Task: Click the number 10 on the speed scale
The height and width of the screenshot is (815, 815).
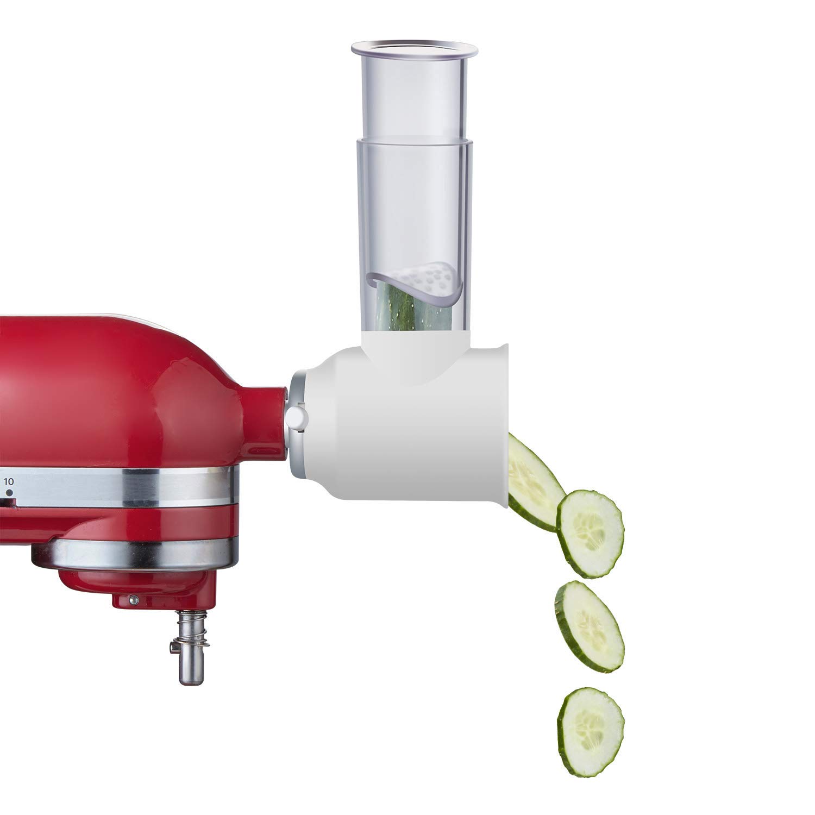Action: click(x=9, y=481)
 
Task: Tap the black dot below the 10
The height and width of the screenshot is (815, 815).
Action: click(x=9, y=493)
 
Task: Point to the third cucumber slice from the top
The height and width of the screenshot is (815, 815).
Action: click(x=590, y=626)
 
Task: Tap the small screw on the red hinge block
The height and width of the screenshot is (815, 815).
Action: click(x=132, y=599)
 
